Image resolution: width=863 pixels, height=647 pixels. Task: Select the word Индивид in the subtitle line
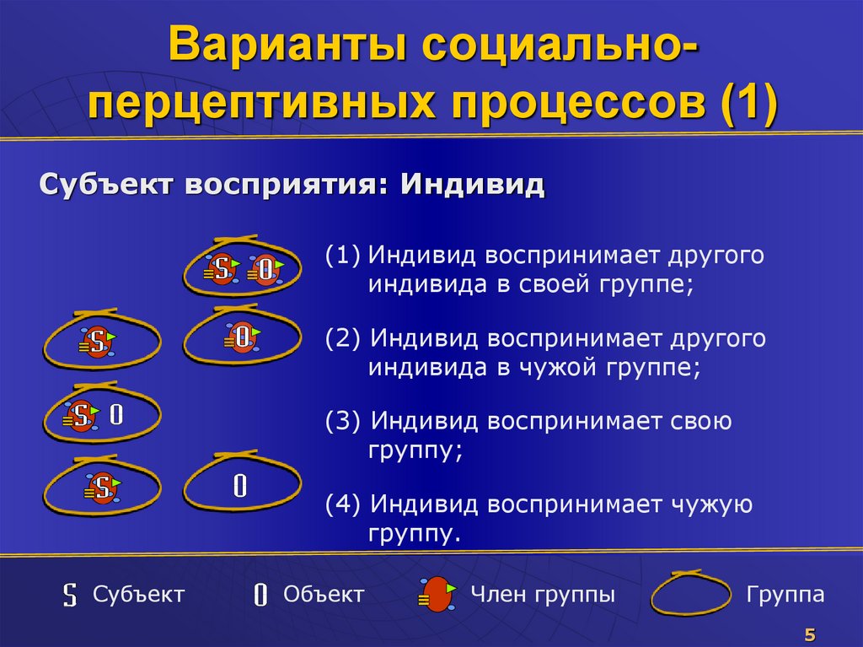[473, 184]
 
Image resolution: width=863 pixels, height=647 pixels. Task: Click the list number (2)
[344, 338]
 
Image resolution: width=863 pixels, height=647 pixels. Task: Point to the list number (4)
[344, 504]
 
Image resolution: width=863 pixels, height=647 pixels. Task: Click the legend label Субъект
[138, 594]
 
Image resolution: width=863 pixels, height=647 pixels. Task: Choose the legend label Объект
[324, 594]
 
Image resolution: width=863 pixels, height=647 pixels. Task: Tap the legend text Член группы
[542, 594]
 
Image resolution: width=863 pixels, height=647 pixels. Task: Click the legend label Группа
[785, 594]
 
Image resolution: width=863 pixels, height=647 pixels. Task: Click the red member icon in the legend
[437, 594]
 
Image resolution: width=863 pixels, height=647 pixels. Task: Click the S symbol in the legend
[72, 595]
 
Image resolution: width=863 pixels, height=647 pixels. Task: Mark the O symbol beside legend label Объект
[261, 595]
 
